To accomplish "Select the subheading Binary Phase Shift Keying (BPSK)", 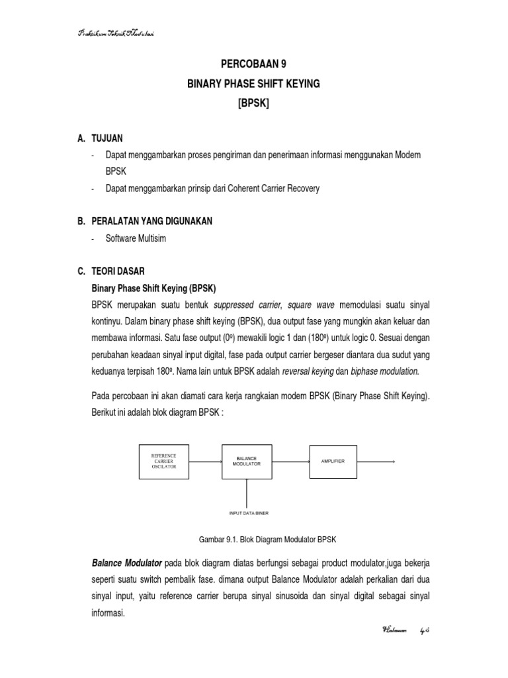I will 153,289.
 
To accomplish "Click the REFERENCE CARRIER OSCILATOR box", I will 164,461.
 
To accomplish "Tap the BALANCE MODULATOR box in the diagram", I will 247,461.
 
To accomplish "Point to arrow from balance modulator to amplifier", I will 292,461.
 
